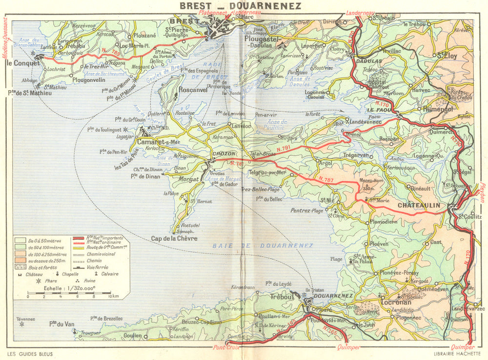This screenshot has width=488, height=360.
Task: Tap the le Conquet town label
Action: [22, 62]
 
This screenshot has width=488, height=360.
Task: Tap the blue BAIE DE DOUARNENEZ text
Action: [263, 245]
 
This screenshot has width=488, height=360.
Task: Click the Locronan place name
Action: [396, 303]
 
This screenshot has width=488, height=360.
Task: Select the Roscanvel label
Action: [193, 90]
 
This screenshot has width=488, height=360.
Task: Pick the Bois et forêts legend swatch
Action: [20, 267]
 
